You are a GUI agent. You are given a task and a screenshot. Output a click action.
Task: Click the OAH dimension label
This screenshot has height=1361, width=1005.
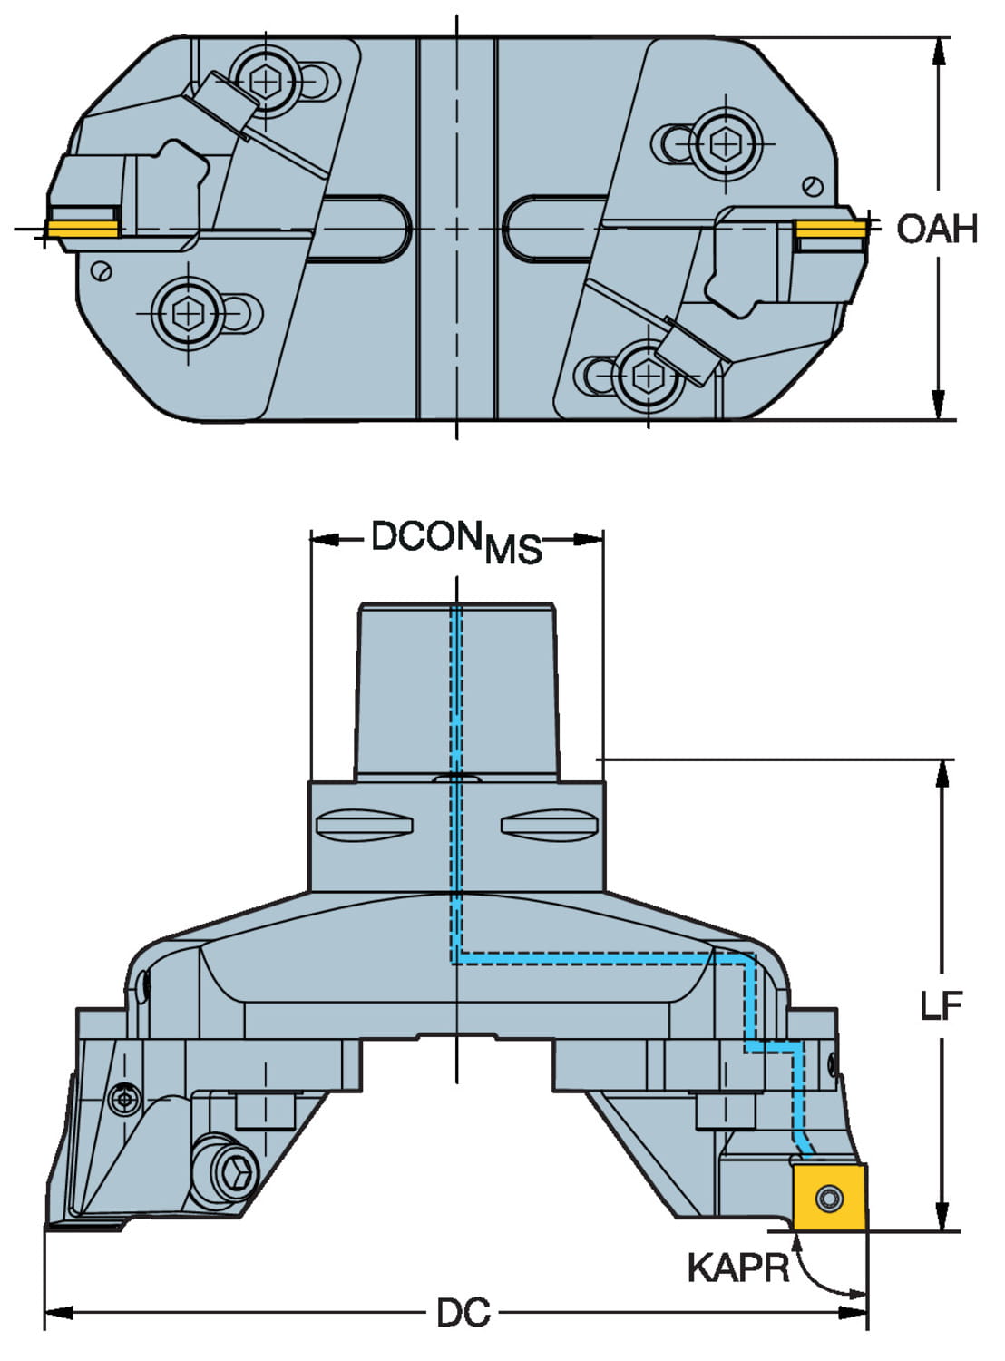pyautogui.click(x=937, y=229)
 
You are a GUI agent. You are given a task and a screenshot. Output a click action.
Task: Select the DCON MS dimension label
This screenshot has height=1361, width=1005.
pyautogui.click(x=457, y=542)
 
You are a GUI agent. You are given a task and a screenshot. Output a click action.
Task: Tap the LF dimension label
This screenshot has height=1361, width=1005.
pyautogui.click(x=941, y=1004)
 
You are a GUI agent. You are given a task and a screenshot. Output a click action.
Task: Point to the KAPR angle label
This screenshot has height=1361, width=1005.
pyautogui.click(x=737, y=1268)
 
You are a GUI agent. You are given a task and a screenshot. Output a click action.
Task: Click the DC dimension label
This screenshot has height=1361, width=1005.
pyautogui.click(x=463, y=1312)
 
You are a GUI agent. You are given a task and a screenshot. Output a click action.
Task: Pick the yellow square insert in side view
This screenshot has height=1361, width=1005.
pyautogui.click(x=829, y=1198)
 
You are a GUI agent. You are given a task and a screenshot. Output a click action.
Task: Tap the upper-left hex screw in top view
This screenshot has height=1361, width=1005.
pyautogui.click(x=266, y=83)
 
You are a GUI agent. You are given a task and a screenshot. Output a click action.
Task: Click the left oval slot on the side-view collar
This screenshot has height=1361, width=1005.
pyautogui.click(x=365, y=824)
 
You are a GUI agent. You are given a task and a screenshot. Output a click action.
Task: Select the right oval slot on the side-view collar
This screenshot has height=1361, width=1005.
pyautogui.click(x=549, y=824)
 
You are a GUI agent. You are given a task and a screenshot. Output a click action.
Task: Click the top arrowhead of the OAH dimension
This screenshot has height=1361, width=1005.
pyautogui.click(x=940, y=49)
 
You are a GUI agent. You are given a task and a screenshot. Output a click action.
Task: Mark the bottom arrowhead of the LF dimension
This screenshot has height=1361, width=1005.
pyautogui.click(x=943, y=1219)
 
